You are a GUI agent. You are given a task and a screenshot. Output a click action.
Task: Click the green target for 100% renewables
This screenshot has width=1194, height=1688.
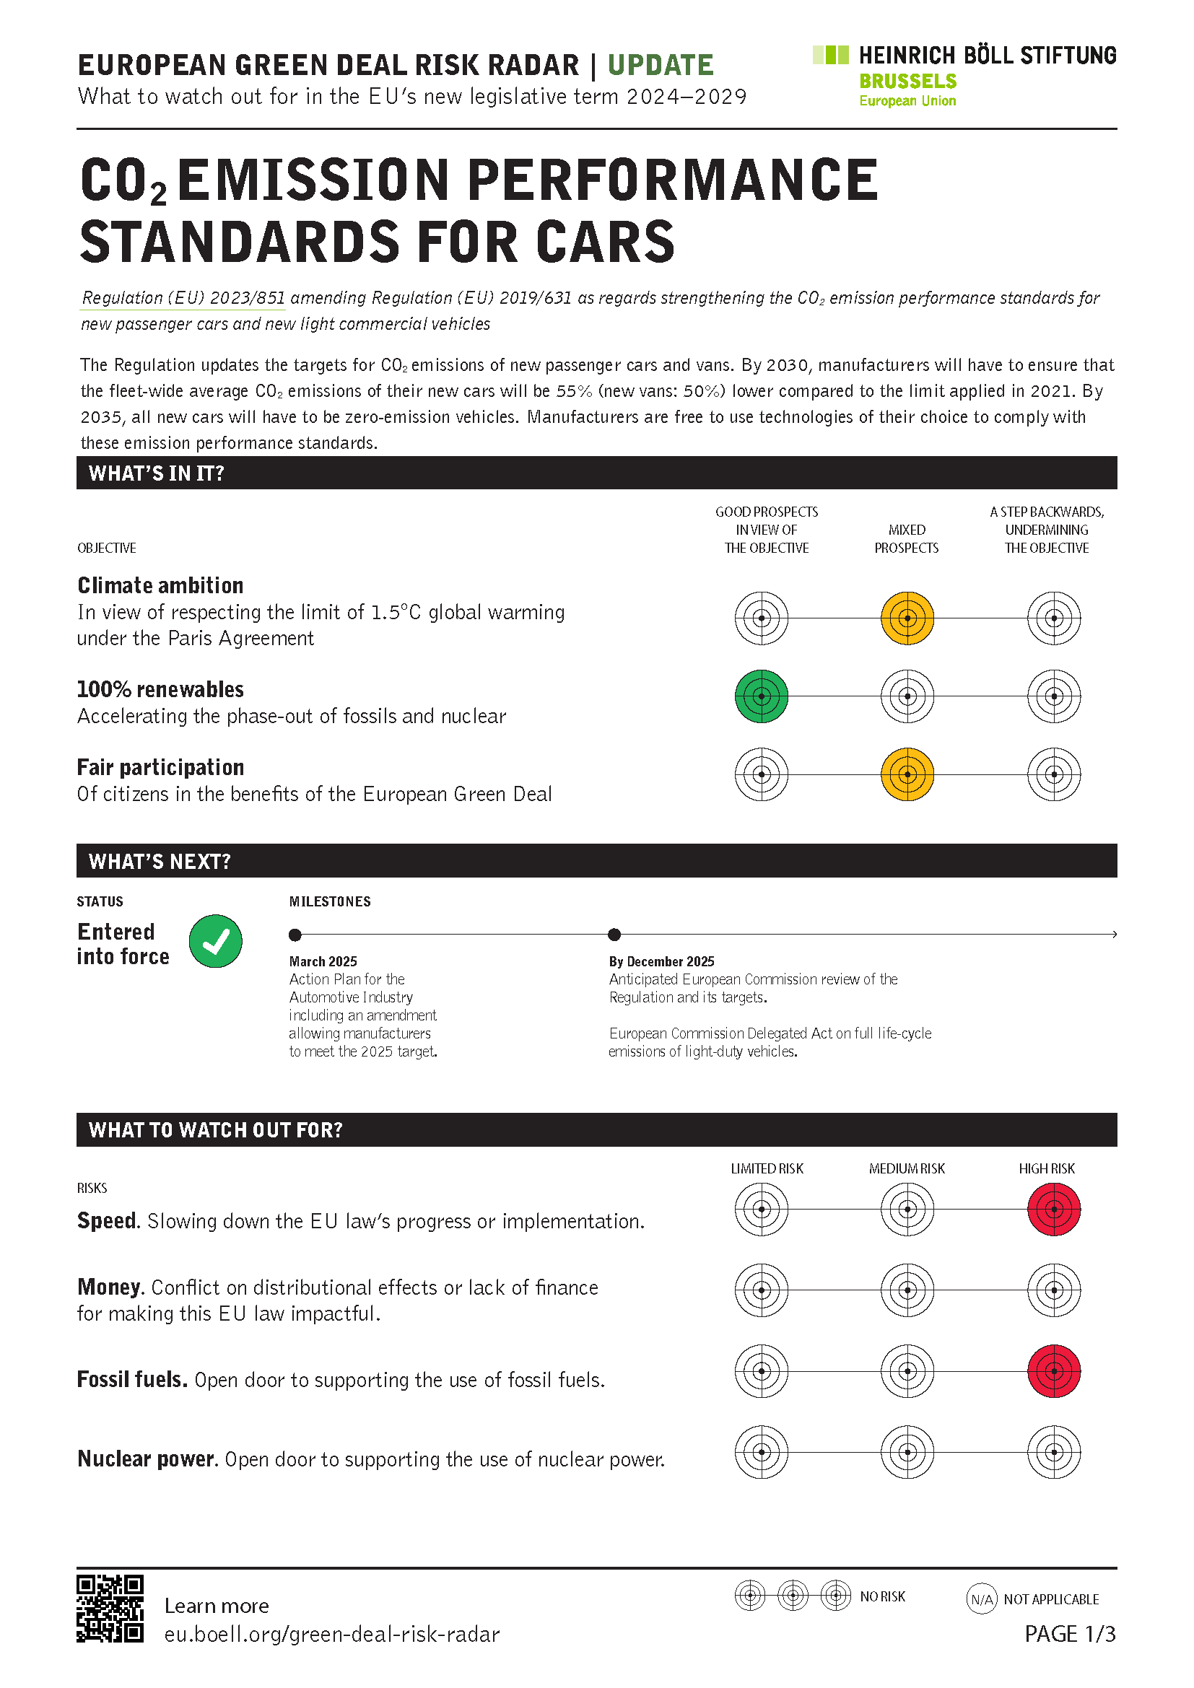[761, 696]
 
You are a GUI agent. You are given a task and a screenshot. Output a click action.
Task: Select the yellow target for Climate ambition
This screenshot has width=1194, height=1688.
[907, 618]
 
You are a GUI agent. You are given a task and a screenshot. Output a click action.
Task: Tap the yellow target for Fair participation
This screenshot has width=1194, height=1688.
[907, 774]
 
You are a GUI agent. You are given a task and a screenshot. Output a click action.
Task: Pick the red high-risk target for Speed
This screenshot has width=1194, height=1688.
[1053, 1210]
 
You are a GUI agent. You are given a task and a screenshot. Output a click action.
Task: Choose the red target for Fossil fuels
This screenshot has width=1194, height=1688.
[1053, 1371]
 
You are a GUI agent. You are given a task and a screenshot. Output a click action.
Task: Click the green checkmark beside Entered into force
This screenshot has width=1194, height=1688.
[215, 941]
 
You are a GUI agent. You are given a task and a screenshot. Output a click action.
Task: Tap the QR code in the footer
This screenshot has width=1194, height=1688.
[110, 1609]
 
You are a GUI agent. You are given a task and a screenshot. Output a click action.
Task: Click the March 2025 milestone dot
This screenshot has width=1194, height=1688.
[295, 935]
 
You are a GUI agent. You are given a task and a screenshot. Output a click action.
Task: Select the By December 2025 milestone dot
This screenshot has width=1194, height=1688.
[614, 935]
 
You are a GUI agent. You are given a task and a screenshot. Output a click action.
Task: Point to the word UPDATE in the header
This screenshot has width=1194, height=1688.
[661, 66]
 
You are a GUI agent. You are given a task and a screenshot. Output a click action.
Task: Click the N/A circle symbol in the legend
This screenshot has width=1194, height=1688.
[982, 1599]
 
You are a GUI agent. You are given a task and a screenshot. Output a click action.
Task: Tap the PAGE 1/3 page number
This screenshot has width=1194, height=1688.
[1070, 1634]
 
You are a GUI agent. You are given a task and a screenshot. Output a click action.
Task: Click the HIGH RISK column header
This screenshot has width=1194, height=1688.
[1046, 1169]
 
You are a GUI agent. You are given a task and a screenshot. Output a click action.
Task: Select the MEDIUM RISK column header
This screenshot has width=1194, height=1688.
[907, 1169]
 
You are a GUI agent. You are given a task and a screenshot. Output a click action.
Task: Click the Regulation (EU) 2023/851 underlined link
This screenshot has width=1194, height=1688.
[183, 298]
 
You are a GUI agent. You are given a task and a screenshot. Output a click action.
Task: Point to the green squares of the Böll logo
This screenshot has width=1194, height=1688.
[831, 54]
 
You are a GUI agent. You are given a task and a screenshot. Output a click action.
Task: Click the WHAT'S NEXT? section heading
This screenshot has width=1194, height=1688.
[160, 861]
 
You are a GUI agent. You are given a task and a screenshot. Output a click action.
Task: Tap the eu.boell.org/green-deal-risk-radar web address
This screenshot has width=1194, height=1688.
[331, 1635]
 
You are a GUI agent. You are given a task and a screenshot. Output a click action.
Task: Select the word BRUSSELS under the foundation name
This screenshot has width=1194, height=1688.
[908, 81]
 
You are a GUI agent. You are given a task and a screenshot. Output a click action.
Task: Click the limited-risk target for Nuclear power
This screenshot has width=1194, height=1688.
[761, 1452]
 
